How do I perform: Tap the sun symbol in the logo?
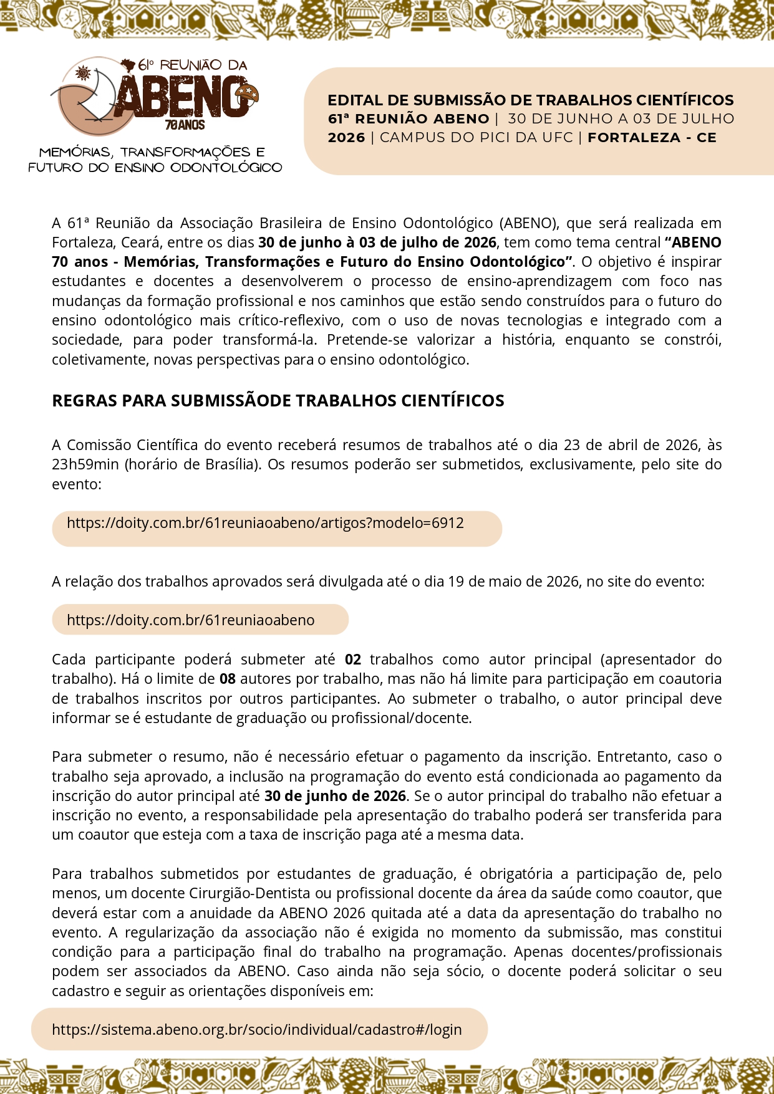(x=83, y=74)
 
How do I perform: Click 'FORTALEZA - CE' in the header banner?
(x=652, y=138)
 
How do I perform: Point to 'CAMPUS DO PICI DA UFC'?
(x=476, y=138)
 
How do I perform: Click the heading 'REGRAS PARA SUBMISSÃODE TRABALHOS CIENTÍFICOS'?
(x=278, y=401)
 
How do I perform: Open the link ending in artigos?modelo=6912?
(x=265, y=523)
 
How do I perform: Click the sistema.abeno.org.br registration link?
(x=256, y=1030)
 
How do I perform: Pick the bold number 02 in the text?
(x=353, y=660)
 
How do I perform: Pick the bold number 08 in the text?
(x=228, y=679)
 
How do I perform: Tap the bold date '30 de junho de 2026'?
(x=335, y=796)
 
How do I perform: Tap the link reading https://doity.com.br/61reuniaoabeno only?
(x=190, y=620)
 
